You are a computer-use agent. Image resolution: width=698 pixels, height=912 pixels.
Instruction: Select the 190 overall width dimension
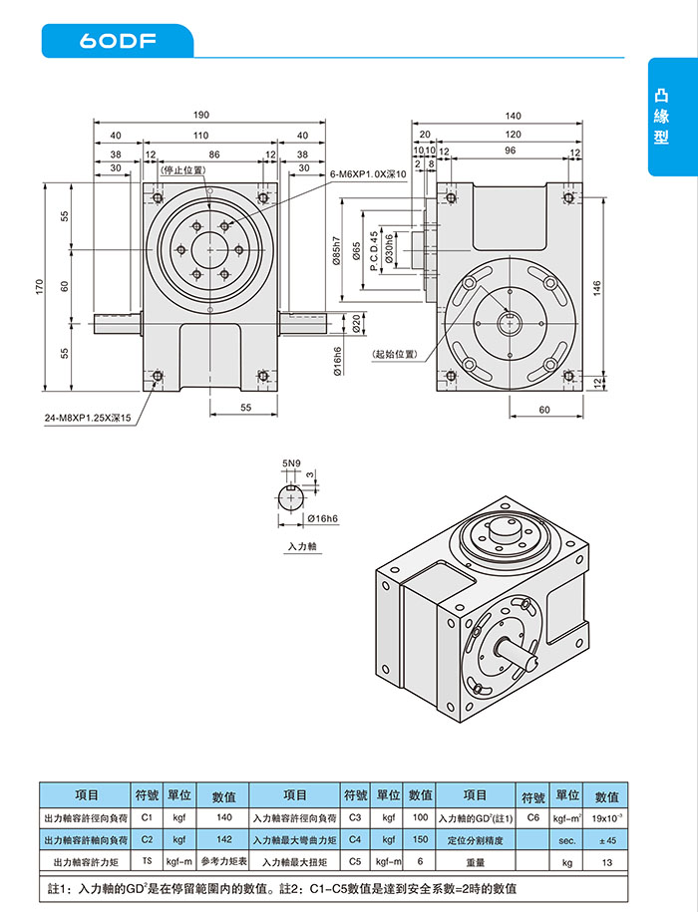point(202,115)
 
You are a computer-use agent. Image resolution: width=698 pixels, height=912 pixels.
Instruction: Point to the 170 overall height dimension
point(41,285)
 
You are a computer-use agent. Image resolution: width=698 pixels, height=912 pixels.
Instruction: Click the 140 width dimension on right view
point(513,115)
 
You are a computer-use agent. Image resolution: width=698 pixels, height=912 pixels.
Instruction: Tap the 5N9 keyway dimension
point(290,463)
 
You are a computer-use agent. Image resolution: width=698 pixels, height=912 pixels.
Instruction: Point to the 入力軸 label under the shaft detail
point(300,546)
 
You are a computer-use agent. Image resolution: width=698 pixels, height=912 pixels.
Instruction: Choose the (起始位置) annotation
point(394,354)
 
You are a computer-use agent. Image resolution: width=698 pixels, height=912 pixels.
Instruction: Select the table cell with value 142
point(223,839)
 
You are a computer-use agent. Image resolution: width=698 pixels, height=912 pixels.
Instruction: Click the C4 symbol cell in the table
point(355,839)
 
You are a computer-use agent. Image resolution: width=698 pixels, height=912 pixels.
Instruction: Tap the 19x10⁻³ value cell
point(606,817)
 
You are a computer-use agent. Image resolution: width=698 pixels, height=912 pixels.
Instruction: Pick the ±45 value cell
point(606,839)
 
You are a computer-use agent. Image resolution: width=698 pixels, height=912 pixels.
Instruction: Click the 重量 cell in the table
point(476,861)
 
